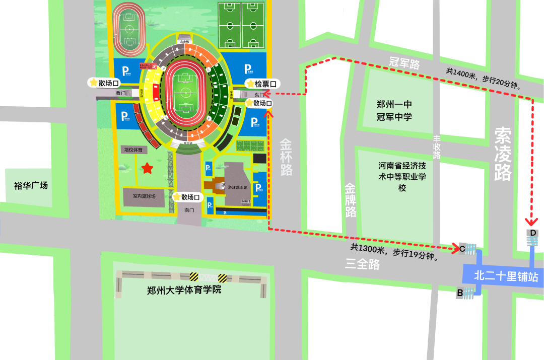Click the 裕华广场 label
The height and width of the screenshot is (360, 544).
pos(31,186)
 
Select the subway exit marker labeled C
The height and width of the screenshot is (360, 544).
pos(462,248)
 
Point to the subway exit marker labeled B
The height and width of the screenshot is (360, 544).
pos(460,292)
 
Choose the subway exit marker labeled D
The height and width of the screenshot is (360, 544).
pos(532,233)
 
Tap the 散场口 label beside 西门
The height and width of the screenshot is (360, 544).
pos(105,83)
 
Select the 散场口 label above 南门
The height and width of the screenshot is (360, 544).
pos(188,197)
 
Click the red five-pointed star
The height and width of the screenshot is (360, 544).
pos(147,168)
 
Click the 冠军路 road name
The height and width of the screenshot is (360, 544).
pos(404,63)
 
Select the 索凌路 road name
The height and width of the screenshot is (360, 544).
pos(503,154)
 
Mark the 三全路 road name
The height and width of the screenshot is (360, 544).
pos(363,264)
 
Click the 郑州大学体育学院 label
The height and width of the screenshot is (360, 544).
pos(184,291)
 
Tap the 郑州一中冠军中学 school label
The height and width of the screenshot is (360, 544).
pos(394,111)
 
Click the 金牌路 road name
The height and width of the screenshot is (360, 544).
pos(351,200)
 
